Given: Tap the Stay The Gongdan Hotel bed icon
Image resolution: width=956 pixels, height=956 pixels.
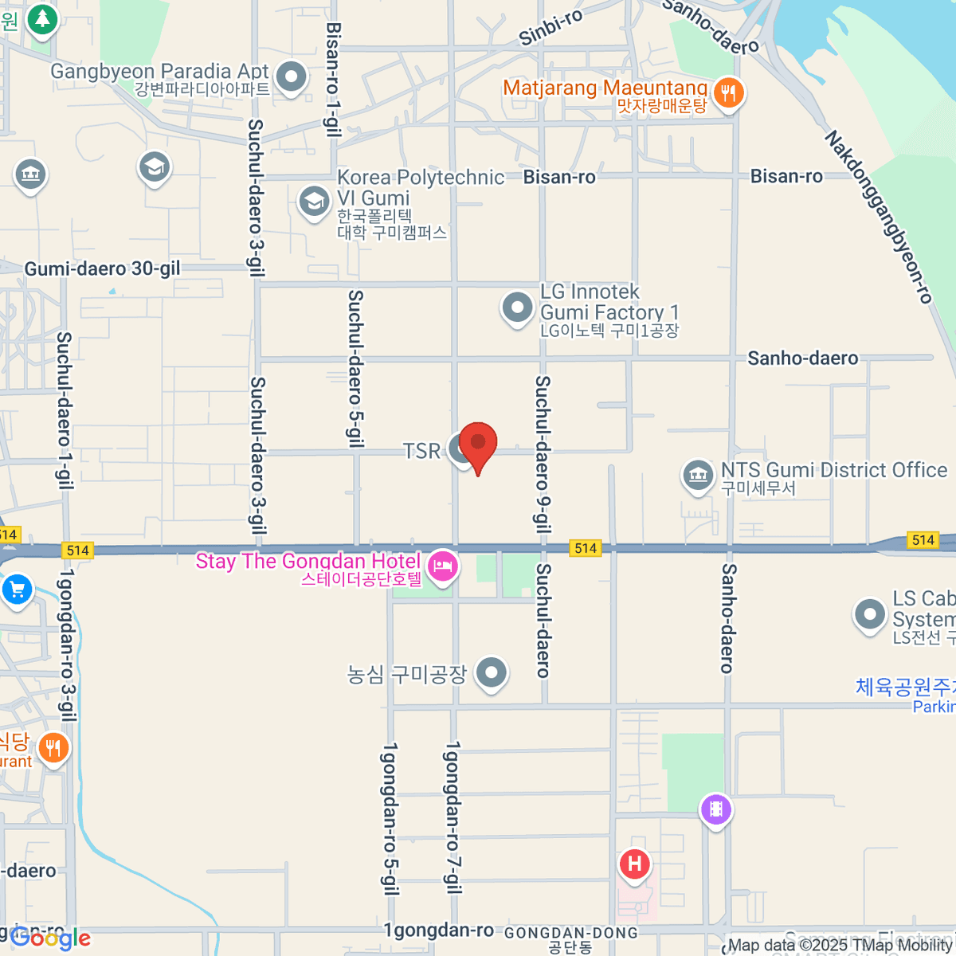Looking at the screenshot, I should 443,566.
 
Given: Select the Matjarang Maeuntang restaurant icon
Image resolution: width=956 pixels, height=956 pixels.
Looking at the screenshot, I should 728,92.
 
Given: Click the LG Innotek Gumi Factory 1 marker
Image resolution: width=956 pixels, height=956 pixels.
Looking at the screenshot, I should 517,307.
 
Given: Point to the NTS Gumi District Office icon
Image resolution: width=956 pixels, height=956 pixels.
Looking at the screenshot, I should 698,476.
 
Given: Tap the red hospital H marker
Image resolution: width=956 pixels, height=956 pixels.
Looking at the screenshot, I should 634,864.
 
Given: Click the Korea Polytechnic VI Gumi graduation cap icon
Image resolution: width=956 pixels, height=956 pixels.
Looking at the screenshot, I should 314,201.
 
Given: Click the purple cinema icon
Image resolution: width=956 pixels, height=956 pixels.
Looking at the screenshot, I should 715,809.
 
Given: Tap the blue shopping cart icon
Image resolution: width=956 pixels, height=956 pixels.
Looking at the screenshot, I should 17,590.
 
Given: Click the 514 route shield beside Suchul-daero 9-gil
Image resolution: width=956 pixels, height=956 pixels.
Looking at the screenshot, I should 586,548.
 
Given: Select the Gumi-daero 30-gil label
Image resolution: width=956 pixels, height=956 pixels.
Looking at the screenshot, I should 103,269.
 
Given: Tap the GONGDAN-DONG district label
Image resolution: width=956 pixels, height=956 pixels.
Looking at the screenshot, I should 571,934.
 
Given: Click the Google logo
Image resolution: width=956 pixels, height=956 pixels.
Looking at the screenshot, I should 50,938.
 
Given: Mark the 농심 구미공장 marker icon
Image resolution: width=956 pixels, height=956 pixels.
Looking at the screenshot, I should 492,672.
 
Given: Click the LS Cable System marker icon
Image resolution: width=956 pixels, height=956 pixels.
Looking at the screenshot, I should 869,614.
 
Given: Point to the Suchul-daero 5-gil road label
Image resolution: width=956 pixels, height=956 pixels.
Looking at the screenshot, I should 356,368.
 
